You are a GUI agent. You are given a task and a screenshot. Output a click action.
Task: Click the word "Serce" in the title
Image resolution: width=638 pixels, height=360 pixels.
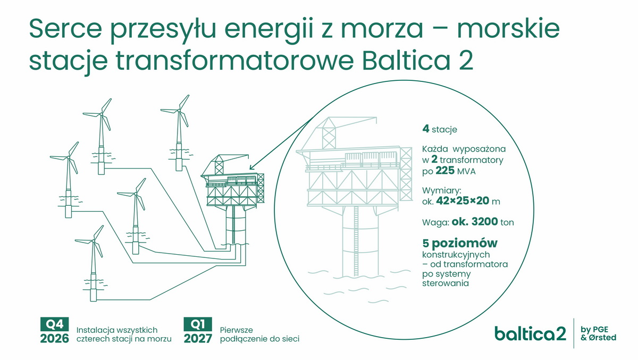coord(65,29)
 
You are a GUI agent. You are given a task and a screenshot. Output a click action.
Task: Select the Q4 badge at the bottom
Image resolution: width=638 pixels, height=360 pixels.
coord(54,324)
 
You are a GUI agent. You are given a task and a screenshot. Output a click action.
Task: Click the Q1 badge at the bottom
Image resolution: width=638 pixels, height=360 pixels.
coord(198,324)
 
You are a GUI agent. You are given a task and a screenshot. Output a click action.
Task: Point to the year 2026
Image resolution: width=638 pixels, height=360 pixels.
coord(54,338)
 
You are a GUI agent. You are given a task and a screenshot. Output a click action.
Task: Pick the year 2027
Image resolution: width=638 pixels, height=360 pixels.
coord(198,338)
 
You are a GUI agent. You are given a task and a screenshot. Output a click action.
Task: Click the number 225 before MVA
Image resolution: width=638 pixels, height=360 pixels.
coord(445,171)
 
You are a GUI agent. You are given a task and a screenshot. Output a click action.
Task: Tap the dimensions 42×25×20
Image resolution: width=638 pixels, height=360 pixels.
coord(462,201)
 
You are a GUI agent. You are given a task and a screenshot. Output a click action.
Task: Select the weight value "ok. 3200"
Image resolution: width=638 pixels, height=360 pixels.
coord(474,222)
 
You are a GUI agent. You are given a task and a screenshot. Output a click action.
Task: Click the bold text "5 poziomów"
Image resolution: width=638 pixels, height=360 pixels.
coord(460,243)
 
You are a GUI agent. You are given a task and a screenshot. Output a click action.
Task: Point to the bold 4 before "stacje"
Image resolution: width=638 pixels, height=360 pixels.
coord(425,129)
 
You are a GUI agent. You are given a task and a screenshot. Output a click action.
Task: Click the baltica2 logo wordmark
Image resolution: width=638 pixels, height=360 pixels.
coord(530,333)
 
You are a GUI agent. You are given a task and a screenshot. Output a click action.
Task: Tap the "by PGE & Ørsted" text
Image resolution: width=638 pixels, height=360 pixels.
coord(598,333)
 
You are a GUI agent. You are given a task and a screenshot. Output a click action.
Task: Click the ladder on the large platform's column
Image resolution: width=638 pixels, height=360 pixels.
coord(356,241)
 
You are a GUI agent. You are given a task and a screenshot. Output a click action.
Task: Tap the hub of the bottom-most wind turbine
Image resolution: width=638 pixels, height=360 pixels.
coord(93,241)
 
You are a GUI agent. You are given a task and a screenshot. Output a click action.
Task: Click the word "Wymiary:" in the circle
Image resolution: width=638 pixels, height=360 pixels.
coord(441,190)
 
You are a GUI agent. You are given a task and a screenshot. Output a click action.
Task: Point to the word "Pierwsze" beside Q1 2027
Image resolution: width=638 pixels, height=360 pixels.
coord(236,330)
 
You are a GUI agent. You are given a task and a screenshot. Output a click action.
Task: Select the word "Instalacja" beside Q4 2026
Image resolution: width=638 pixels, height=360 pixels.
coord(94,330)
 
